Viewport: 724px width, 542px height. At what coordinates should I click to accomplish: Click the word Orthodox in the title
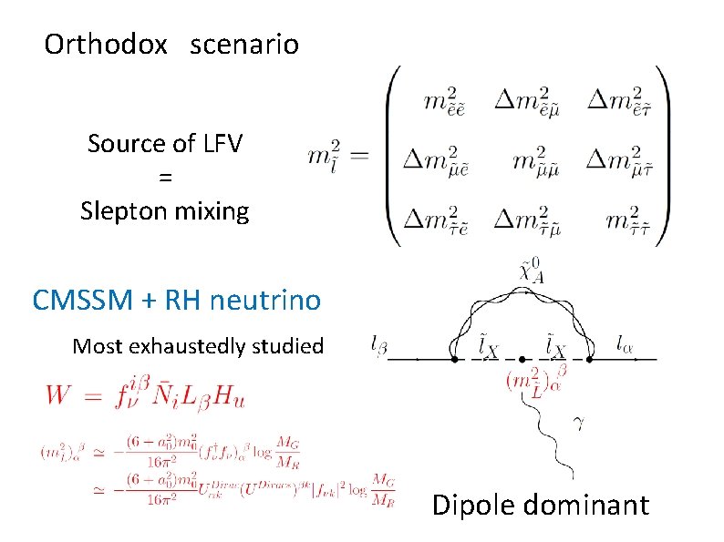coord(106,44)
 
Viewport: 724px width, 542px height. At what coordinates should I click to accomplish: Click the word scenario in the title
coord(244,44)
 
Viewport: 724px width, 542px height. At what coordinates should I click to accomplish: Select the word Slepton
coord(129,211)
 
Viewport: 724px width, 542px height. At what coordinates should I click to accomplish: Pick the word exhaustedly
coord(193,346)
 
